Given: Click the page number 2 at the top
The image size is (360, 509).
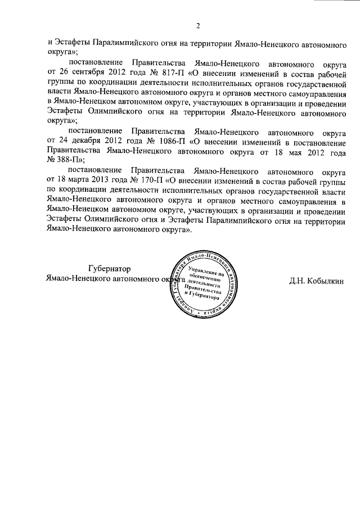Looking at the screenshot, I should [x=198, y=25].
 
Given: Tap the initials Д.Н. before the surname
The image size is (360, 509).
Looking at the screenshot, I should [x=297, y=280].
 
